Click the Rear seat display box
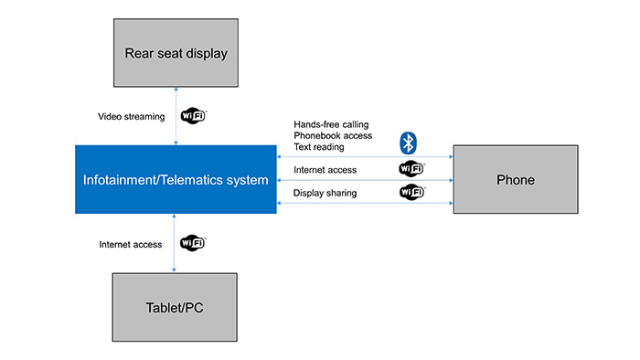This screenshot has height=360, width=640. (x=176, y=53)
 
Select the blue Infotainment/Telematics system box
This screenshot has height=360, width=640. (x=176, y=179)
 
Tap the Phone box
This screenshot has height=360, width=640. (x=515, y=180)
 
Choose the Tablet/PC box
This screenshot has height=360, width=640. (x=176, y=307)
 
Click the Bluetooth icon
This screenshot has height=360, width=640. (x=410, y=142)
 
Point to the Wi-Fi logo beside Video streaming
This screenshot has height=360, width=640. (x=194, y=116)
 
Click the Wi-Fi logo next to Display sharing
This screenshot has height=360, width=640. (x=411, y=193)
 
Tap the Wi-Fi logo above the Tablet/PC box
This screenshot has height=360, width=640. (x=193, y=243)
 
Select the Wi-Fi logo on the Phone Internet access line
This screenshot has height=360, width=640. (x=411, y=169)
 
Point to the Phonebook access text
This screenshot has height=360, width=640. (x=332, y=135)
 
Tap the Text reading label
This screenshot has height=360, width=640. (x=318, y=147)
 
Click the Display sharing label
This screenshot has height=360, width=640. (x=325, y=194)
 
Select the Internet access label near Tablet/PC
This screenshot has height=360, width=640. (x=131, y=245)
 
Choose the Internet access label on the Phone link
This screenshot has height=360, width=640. (x=325, y=170)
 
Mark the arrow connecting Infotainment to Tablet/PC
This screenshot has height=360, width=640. (x=176, y=243)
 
